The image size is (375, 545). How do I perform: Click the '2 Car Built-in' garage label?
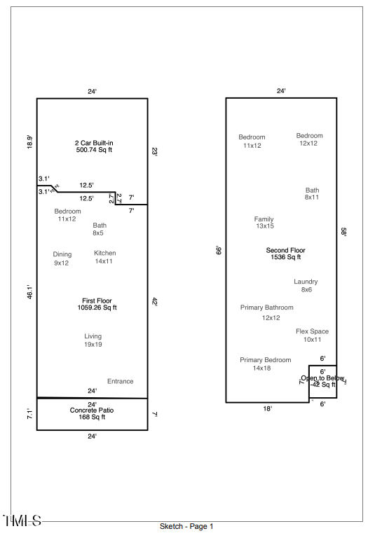click(94, 143)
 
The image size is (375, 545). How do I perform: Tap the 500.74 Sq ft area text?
click(94, 150)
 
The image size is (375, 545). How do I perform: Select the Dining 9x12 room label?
click(62, 258)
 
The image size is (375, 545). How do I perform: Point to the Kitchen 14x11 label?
click(104, 257)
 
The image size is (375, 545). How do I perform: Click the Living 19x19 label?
click(93, 340)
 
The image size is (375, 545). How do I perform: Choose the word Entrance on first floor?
click(120, 381)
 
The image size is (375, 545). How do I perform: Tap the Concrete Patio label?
click(91, 410)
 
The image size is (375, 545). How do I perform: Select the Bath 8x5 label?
click(100, 229)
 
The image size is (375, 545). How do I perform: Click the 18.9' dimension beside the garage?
click(30, 142)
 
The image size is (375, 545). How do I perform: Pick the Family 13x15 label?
click(264, 223)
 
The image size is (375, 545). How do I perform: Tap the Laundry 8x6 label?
click(306, 286)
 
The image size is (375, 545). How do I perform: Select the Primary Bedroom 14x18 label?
click(265, 364)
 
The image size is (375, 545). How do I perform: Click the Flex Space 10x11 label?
click(312, 336)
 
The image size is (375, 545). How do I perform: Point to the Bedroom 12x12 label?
click(309, 139)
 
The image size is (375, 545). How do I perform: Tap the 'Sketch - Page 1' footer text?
click(186, 526)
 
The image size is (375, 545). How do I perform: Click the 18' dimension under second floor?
click(267, 408)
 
